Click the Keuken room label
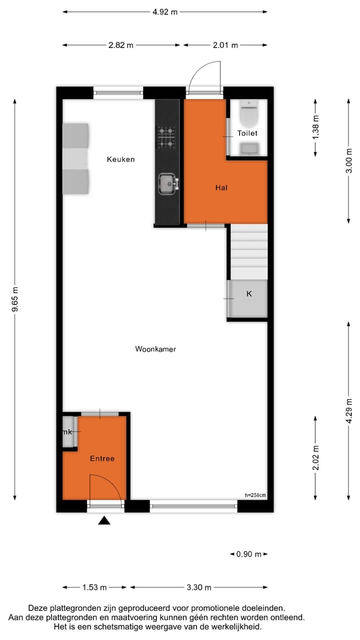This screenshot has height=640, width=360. click(121, 159)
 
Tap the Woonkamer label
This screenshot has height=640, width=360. click(155, 349)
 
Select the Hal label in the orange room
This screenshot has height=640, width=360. click(221, 187)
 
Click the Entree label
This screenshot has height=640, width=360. click(102, 458)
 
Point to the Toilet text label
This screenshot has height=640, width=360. click(247, 133)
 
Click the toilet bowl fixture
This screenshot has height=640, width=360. click(248, 114)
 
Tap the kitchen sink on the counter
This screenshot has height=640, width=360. click(168, 183)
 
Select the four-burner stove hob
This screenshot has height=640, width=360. click(167, 136)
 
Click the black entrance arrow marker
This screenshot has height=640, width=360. click(104, 520)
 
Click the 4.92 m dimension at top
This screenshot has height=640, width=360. click(165, 12)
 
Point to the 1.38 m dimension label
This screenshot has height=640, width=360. click(315, 128)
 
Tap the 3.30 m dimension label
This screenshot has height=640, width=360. click(198, 587)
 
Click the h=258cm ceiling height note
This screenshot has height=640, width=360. click(255, 495)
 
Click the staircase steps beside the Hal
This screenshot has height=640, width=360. click(249, 252)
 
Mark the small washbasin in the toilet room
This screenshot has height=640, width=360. click(248, 148)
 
